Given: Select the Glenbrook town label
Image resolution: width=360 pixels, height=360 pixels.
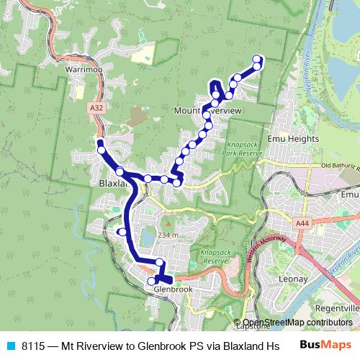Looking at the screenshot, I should (171, 289).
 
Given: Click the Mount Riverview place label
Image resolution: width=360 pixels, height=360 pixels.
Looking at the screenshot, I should (207, 111).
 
